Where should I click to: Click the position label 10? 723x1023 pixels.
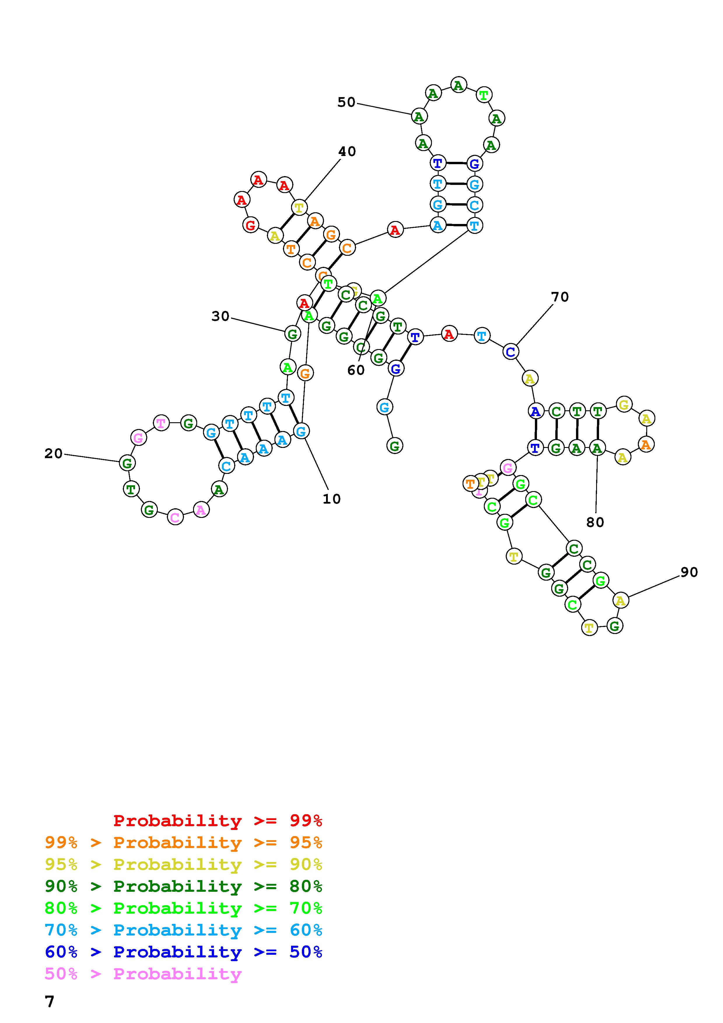pyautogui.click(x=331, y=499)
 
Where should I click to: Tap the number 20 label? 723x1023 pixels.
pyautogui.click(x=53, y=453)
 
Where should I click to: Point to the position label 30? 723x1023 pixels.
pyautogui.click(x=220, y=316)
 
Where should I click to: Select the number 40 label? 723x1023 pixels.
pyautogui.click(x=347, y=151)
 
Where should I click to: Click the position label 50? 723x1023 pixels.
pyautogui.click(x=346, y=102)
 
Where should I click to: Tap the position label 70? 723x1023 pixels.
pyautogui.click(x=560, y=297)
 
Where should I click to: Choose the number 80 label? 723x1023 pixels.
pyautogui.click(x=595, y=522)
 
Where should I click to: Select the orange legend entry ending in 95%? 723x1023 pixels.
pyautogui.click(x=183, y=842)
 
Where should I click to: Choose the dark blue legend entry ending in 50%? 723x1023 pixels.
pyautogui.click(x=183, y=952)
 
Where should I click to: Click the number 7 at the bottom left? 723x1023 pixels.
pyautogui.click(x=50, y=1002)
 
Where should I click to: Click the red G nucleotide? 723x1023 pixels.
pyautogui.click(x=251, y=225)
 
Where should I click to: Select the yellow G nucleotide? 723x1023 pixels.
pyautogui.click(x=624, y=404)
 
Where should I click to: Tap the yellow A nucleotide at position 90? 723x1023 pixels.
pyautogui.click(x=621, y=601)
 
